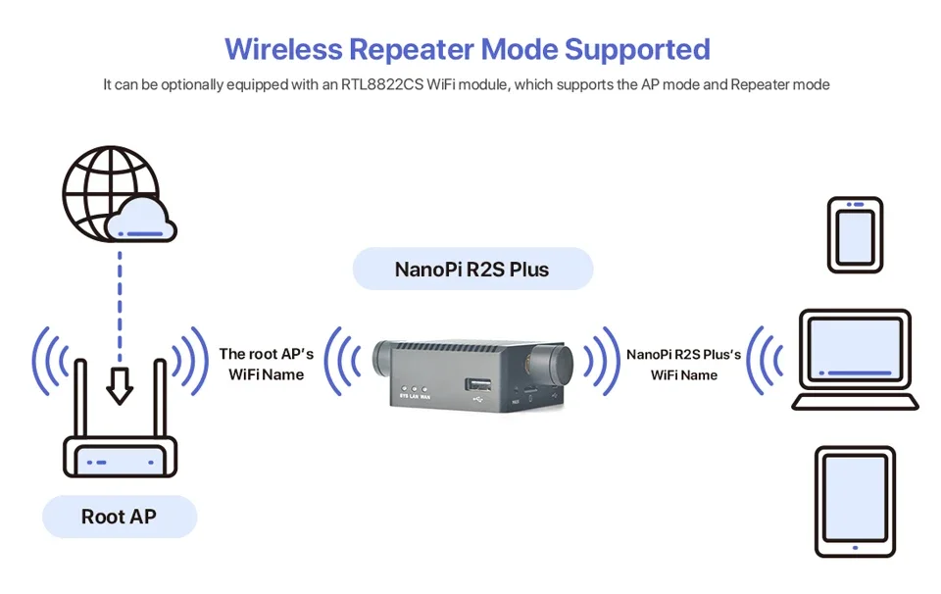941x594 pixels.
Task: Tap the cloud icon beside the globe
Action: (143, 221)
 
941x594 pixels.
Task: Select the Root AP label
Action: (119, 517)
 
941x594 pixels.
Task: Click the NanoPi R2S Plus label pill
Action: (471, 269)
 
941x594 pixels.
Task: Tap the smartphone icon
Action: (855, 234)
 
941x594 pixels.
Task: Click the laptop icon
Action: (855, 359)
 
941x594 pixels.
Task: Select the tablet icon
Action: (855, 501)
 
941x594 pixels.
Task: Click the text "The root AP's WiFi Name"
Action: (267, 364)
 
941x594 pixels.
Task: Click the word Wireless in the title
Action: (283, 49)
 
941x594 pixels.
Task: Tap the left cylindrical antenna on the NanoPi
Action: (383, 361)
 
